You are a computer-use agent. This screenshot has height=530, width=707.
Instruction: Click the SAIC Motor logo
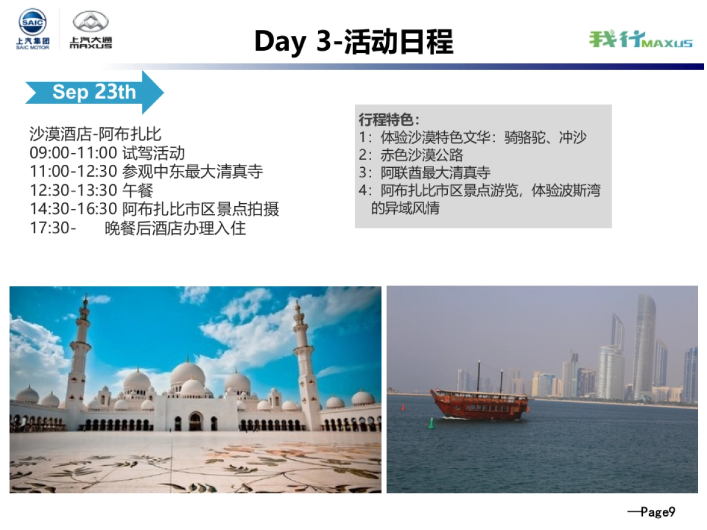point(32,29)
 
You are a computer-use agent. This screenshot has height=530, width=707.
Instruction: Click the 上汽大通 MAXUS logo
point(91,29)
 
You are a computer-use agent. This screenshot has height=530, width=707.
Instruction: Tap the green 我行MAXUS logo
point(640,39)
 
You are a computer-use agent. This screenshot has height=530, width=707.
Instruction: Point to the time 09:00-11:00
point(74,153)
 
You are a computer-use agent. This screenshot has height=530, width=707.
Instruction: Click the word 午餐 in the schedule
point(138,190)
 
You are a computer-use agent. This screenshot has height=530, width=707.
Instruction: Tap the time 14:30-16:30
point(74,208)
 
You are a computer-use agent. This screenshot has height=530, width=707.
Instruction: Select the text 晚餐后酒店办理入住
point(175,228)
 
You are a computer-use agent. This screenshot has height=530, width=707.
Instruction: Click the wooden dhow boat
point(479,403)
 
